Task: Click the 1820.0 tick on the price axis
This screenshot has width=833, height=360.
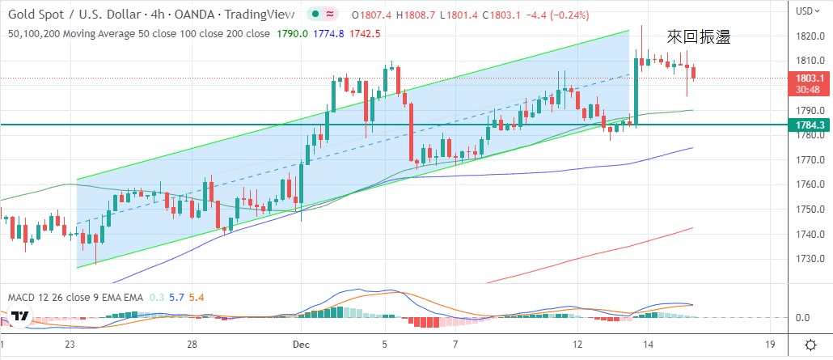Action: pos(810,36)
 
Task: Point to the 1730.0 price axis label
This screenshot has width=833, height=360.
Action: pos(810,259)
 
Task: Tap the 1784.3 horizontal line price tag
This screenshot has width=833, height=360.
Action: pos(810,125)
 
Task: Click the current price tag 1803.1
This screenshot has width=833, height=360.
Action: pos(810,78)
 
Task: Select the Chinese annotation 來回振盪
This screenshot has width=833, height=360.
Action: pos(699,36)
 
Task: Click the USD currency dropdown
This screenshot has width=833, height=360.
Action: pos(806,11)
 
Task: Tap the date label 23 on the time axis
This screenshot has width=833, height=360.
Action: pos(71,343)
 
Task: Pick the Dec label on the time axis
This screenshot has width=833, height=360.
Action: pos(299,343)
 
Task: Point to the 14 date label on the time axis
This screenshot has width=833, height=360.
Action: pos(649,343)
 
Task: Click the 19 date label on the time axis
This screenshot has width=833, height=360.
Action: pos(772,343)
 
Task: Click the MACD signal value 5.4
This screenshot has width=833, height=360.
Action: pos(197,297)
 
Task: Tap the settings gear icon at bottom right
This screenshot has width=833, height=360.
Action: pos(810,343)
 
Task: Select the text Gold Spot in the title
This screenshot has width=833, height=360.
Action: pos(35,15)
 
